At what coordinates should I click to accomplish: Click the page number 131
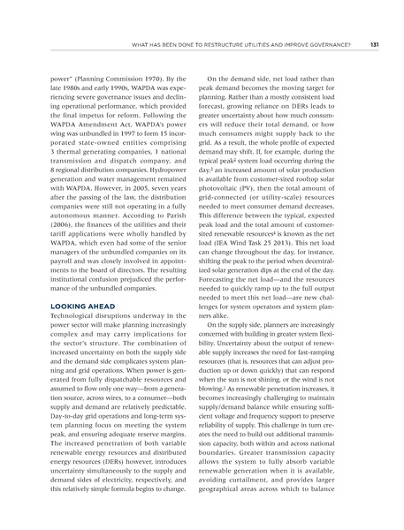374,44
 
